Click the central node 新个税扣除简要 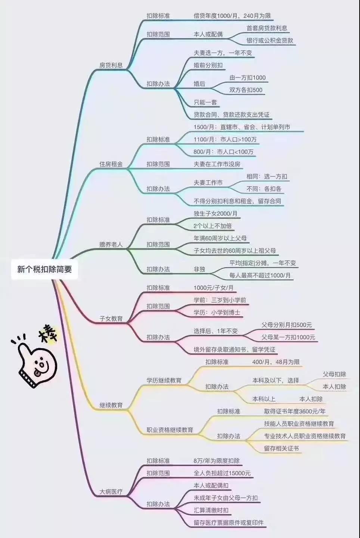(44, 269)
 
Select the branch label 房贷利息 (111, 65)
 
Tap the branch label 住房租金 (111, 164)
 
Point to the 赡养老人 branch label (111, 244)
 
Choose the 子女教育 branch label (111, 319)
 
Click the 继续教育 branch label (111, 405)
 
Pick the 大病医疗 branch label (111, 492)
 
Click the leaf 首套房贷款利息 (267, 28)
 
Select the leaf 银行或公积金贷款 (270, 40)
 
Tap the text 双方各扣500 (246, 90)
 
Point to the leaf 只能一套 (205, 102)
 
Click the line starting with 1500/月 (242, 127)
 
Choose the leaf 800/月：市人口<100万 (223, 152)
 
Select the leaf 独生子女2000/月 (215, 214)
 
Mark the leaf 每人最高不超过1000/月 (260, 275)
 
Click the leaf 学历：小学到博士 (217, 312)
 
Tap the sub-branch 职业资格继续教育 (170, 430)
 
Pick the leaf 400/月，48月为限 (276, 362)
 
